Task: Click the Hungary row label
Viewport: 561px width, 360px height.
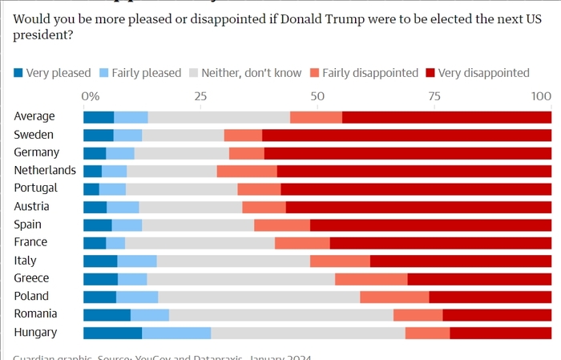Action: click(x=34, y=333)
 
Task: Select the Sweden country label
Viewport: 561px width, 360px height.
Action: click(x=34, y=134)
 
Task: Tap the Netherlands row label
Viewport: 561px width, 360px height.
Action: click(x=45, y=170)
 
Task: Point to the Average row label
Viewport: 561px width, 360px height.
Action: click(x=34, y=116)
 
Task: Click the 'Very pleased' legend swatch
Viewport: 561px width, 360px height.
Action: click(x=18, y=73)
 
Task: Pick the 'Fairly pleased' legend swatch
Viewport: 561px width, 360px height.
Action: click(x=104, y=73)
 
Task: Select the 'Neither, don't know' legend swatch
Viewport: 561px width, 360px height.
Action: click(x=194, y=73)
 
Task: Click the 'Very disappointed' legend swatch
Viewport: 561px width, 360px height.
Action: click(x=430, y=73)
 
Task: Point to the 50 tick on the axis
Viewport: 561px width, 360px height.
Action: click(x=317, y=96)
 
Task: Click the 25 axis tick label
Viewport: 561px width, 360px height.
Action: click(x=200, y=96)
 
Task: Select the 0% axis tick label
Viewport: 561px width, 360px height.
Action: click(x=91, y=96)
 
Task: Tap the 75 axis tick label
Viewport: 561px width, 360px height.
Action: click(x=434, y=96)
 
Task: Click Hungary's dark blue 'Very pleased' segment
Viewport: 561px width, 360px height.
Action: click(x=112, y=333)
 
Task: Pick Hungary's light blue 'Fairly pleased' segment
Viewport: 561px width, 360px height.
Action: click(x=176, y=333)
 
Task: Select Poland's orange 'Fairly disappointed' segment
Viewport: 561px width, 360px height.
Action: click(x=394, y=297)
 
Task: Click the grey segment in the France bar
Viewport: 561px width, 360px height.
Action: click(x=200, y=242)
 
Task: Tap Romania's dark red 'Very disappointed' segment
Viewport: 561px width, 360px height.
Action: click(x=497, y=314)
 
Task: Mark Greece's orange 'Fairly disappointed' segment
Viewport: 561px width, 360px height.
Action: click(x=371, y=278)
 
